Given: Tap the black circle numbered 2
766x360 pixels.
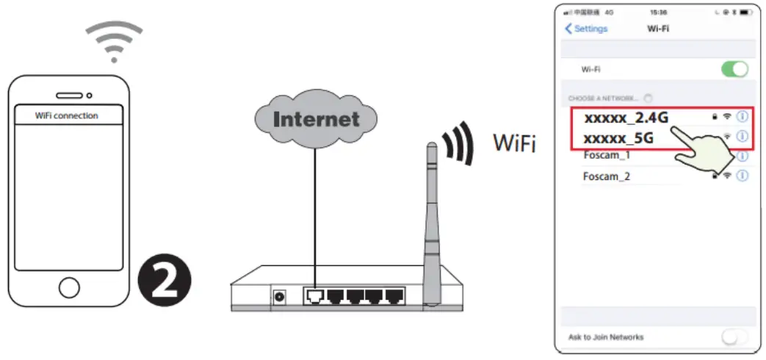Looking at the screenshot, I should tap(165, 281).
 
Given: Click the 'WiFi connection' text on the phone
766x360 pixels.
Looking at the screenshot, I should tap(66, 115).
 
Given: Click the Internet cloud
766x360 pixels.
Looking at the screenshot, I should tap(316, 118).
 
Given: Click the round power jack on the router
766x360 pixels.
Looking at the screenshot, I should tap(280, 298).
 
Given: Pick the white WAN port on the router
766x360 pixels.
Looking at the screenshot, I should tap(314, 296).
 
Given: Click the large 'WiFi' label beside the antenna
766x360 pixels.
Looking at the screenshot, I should tap(514, 143).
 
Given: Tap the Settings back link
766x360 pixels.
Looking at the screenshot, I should tap(586, 29).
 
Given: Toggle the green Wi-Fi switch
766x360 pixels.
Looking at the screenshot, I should tap(734, 70).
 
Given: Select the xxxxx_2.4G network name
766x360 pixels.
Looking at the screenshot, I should tap(626, 118).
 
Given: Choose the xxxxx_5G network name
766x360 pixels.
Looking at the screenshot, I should tap(618, 137).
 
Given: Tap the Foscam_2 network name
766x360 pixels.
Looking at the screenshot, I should tap(606, 176).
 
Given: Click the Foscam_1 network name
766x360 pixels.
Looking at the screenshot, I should tap(606, 156).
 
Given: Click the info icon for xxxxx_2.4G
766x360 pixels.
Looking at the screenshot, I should tap(742, 116).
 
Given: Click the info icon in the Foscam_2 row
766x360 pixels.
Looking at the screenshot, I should tap(742, 176).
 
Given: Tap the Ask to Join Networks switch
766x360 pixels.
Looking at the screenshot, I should tap(734, 337).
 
